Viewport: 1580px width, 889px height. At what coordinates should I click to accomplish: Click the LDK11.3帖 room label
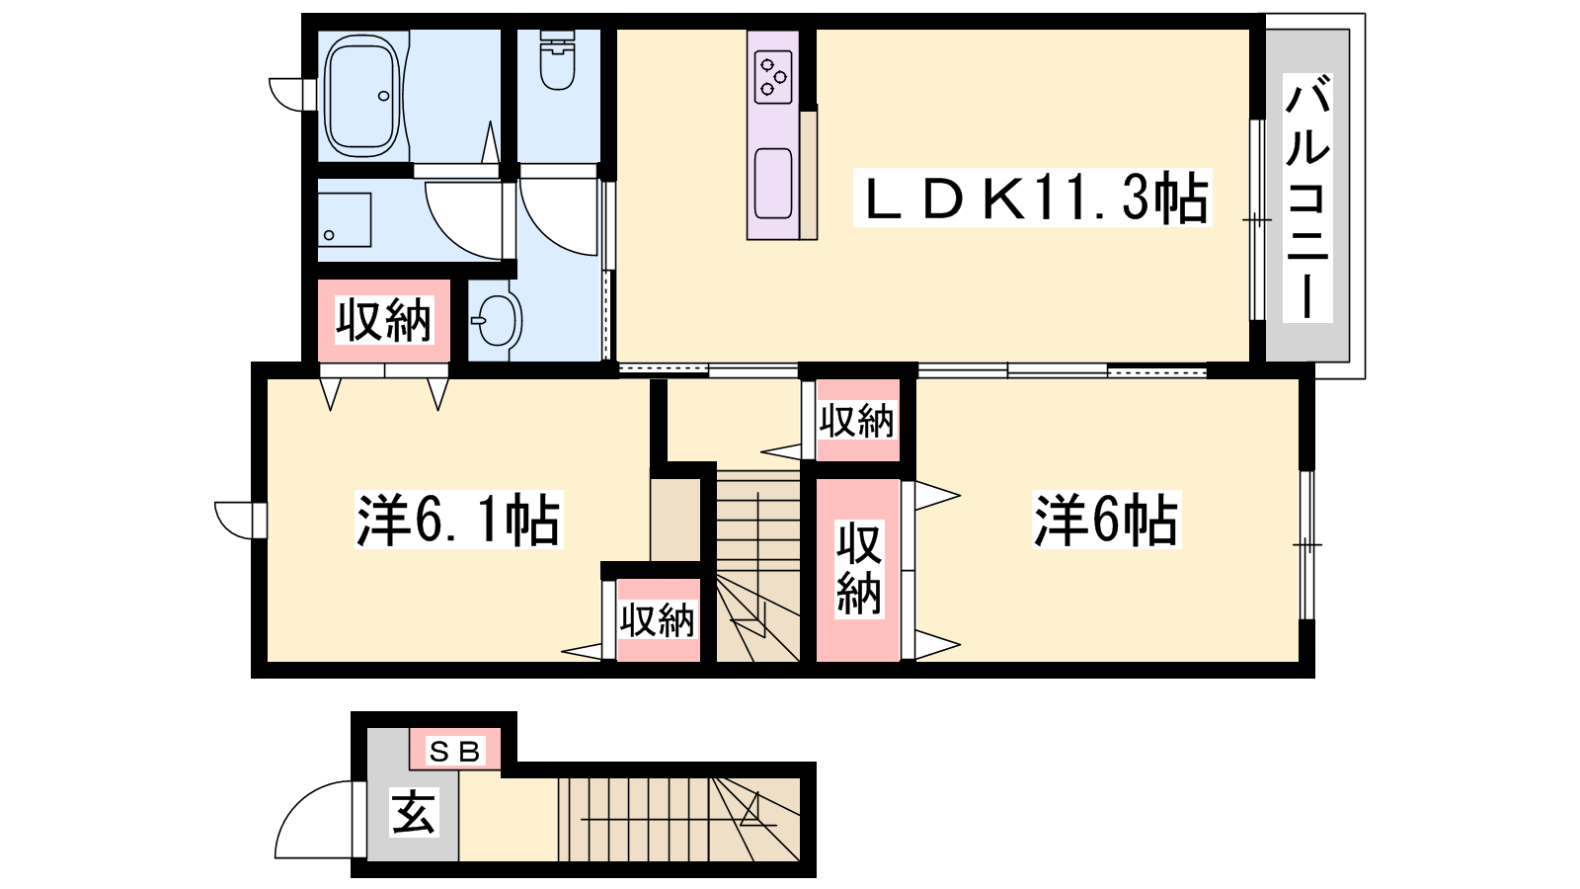click(1032, 198)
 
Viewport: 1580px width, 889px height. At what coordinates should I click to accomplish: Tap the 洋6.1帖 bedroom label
click(458, 520)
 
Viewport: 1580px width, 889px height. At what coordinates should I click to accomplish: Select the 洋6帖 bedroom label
click(1106, 521)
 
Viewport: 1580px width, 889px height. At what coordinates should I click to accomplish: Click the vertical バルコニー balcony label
click(1307, 198)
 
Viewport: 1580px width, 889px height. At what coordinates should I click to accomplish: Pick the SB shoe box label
click(455, 752)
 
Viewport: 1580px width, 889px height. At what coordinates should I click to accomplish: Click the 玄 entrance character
click(414, 811)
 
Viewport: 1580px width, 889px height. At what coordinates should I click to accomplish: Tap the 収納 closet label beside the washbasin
click(383, 320)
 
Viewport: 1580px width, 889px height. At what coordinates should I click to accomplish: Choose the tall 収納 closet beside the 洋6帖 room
click(858, 569)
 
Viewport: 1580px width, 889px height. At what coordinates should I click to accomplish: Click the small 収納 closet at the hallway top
click(856, 421)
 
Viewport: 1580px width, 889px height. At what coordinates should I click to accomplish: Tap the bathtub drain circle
click(384, 96)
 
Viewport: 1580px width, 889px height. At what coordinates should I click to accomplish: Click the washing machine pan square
click(345, 219)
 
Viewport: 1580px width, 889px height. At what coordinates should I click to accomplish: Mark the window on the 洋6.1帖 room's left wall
click(241, 520)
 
